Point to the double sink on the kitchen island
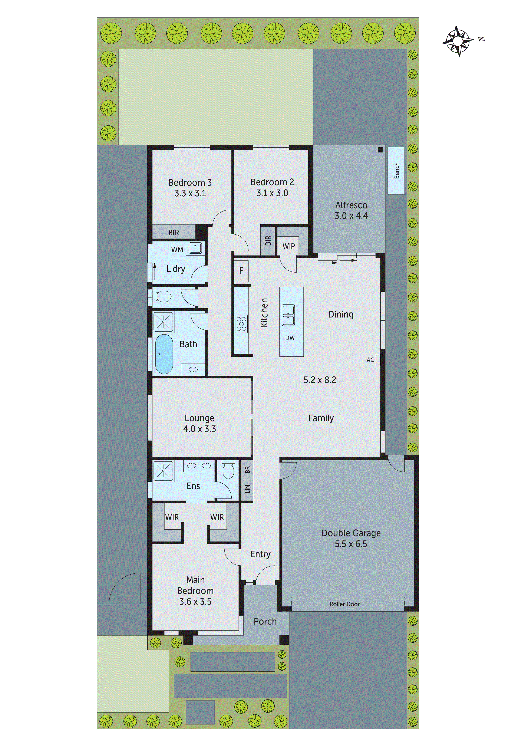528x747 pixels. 288,315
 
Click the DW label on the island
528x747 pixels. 290,338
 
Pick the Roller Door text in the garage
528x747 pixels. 344,604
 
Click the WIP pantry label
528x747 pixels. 288,246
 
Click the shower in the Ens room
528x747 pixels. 163,470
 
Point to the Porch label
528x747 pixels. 265,621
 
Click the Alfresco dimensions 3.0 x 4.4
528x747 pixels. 351,216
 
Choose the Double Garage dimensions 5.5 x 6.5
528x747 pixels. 351,544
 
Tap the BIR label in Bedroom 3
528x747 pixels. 174,233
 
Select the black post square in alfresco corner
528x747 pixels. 380,150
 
